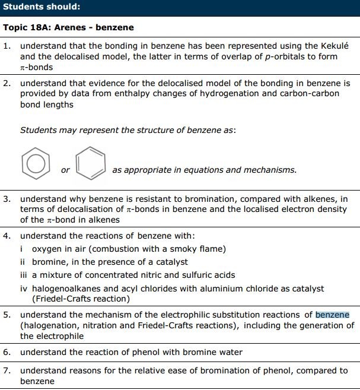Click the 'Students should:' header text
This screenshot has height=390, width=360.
[x=42, y=7]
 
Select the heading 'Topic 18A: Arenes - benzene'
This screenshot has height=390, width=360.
[x=69, y=27]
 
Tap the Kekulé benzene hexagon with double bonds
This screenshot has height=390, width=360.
[x=91, y=161]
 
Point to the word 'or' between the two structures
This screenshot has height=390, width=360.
[x=65, y=170]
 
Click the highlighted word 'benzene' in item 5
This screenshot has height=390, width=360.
[x=332, y=315]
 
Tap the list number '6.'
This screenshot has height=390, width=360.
[x=7, y=352]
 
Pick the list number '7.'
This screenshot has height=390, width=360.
[x=7, y=370]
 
